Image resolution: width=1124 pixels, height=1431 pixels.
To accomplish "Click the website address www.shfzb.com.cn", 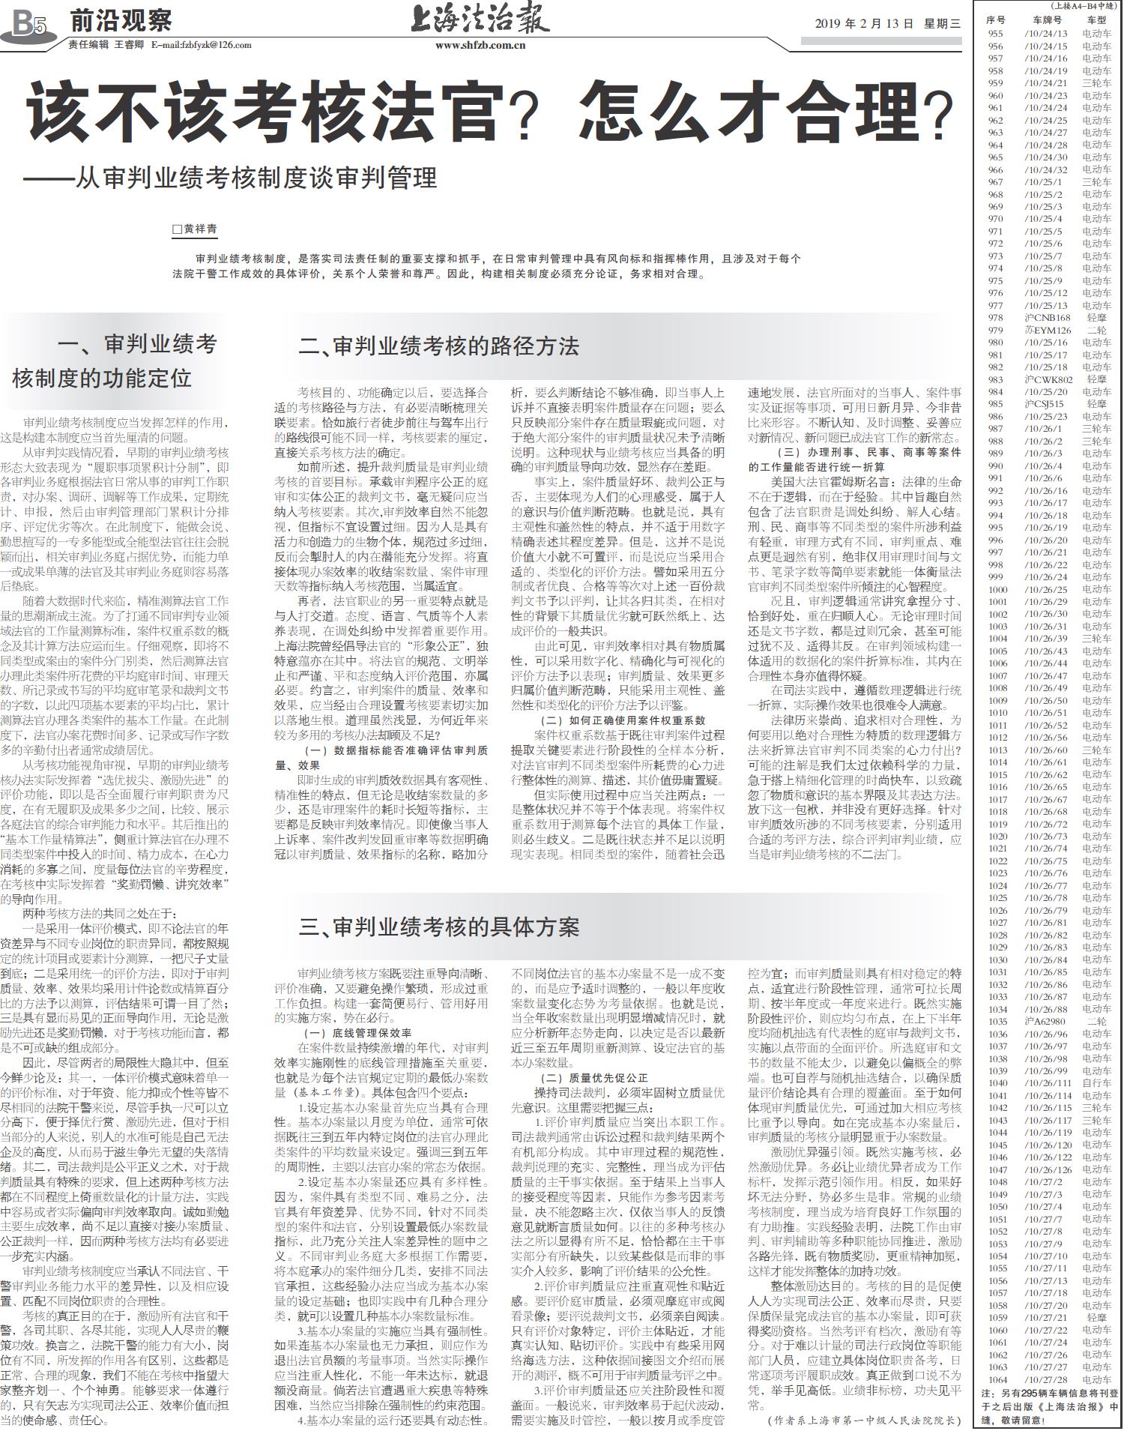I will [480, 45].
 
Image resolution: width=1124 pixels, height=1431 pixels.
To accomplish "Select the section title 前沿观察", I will [121, 20].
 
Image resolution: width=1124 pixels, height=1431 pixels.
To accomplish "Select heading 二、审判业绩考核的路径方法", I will [438, 346].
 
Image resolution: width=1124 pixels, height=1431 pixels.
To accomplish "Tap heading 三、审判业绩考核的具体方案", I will [438, 927].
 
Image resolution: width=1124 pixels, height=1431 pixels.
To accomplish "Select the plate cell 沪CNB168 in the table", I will [1048, 318].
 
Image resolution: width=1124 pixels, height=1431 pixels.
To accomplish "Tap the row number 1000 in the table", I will [997, 589].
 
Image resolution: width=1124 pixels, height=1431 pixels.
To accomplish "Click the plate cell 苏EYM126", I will [1048, 330].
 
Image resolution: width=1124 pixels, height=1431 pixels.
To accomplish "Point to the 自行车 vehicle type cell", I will [1096, 1082].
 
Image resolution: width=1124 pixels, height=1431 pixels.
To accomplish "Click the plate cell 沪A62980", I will [1045, 1021].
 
